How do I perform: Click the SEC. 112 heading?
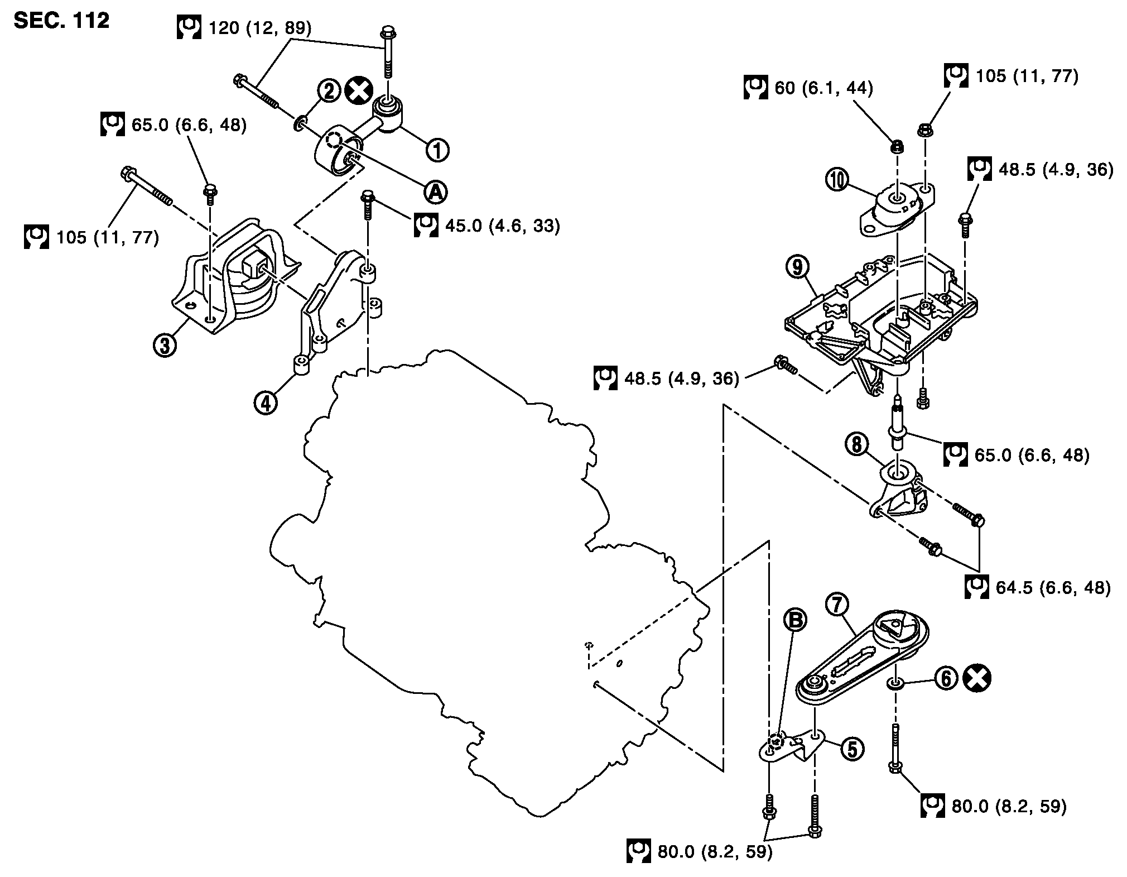coord(62,21)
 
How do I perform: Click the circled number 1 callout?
coord(437,150)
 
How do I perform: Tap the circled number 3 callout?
coord(165,345)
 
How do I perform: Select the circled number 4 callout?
coord(266,401)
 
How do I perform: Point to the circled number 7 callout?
coord(838,605)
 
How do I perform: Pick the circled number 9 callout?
coord(798,267)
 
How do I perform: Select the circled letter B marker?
coord(794,620)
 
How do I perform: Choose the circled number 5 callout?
coord(853,750)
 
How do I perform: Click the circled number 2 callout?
coord(329,90)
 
